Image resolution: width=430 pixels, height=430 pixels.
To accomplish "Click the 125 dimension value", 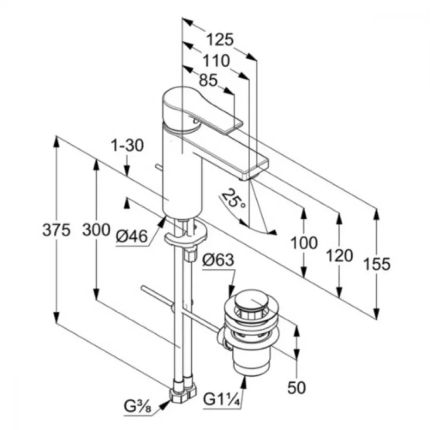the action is [220, 39].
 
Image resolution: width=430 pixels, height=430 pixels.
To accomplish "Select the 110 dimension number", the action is [216, 61].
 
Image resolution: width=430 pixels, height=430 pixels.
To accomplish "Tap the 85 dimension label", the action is [208, 80].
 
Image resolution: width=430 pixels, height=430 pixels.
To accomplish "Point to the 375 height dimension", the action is [56, 230].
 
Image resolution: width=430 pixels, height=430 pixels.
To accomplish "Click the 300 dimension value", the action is [96, 230].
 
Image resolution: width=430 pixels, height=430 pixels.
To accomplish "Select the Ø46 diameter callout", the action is [132, 236].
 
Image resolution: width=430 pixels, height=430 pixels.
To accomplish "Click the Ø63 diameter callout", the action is [218, 260].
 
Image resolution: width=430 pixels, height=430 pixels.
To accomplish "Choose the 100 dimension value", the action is [304, 243].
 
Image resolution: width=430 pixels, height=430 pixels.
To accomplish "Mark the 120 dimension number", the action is [339, 256].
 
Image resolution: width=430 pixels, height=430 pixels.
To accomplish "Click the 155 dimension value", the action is [377, 264].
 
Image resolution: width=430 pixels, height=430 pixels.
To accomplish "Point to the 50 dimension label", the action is [296, 387].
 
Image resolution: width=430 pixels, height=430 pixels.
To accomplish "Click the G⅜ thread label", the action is [138, 406].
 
